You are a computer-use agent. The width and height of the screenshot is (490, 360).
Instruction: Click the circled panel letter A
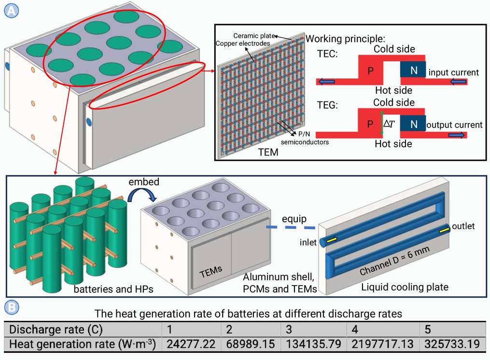click(11, 11)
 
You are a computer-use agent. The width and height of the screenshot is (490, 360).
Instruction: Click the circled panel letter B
click(12, 307)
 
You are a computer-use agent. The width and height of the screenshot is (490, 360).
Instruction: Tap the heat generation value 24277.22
click(191, 344)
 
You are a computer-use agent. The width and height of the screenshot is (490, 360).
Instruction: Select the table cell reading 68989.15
click(251, 344)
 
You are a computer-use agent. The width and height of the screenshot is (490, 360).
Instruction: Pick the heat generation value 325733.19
click(452, 344)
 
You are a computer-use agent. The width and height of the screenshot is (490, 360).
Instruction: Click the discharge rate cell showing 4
click(355, 330)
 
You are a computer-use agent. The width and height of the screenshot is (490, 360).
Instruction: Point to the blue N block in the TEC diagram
click(413, 70)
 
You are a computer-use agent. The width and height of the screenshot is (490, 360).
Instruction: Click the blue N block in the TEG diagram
click(413, 124)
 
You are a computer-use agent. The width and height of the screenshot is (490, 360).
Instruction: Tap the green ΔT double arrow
click(381, 123)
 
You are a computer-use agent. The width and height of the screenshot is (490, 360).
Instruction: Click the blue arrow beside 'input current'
click(459, 82)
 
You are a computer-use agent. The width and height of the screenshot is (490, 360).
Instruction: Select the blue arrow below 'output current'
click(457, 135)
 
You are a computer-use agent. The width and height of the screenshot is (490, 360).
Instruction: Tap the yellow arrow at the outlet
click(444, 230)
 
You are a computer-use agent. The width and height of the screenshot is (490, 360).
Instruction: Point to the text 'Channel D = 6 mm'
click(395, 260)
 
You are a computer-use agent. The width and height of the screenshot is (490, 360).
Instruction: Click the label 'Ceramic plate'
click(254, 36)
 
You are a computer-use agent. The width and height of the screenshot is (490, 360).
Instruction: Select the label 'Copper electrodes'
click(243, 43)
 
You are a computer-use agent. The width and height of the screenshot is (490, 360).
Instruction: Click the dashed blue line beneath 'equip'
click(291, 228)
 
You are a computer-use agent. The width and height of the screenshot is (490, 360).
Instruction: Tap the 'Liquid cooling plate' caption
click(405, 287)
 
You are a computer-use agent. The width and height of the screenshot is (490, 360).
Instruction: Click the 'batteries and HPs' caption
click(113, 289)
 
